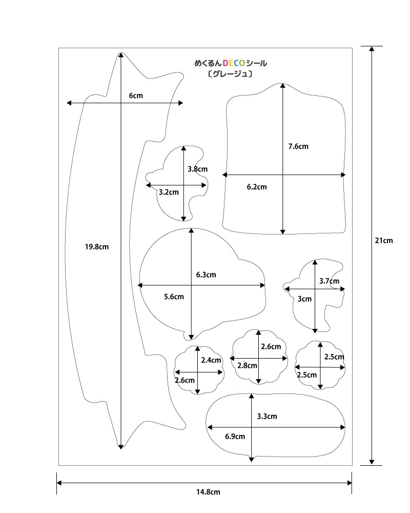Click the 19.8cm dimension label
coord(97,247)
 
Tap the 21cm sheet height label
coord(384,240)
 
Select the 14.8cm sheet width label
coord(208,492)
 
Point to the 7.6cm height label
coord(298,146)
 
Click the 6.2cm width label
coord(257,187)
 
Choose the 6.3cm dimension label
coord(206,274)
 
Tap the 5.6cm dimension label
coord(174,297)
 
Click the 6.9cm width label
coord(235,437)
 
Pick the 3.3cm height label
coord(266,416)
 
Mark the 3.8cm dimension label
coord(197,169)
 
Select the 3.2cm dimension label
coord(169,192)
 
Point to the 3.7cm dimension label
coord(329,281)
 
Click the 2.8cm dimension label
coord(247,365)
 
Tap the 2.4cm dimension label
coord(211,360)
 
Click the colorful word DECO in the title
coord(234,64)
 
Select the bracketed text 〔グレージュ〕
coord(230,74)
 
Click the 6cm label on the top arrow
coord(135,95)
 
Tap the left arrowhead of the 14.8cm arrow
coord(59,483)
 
